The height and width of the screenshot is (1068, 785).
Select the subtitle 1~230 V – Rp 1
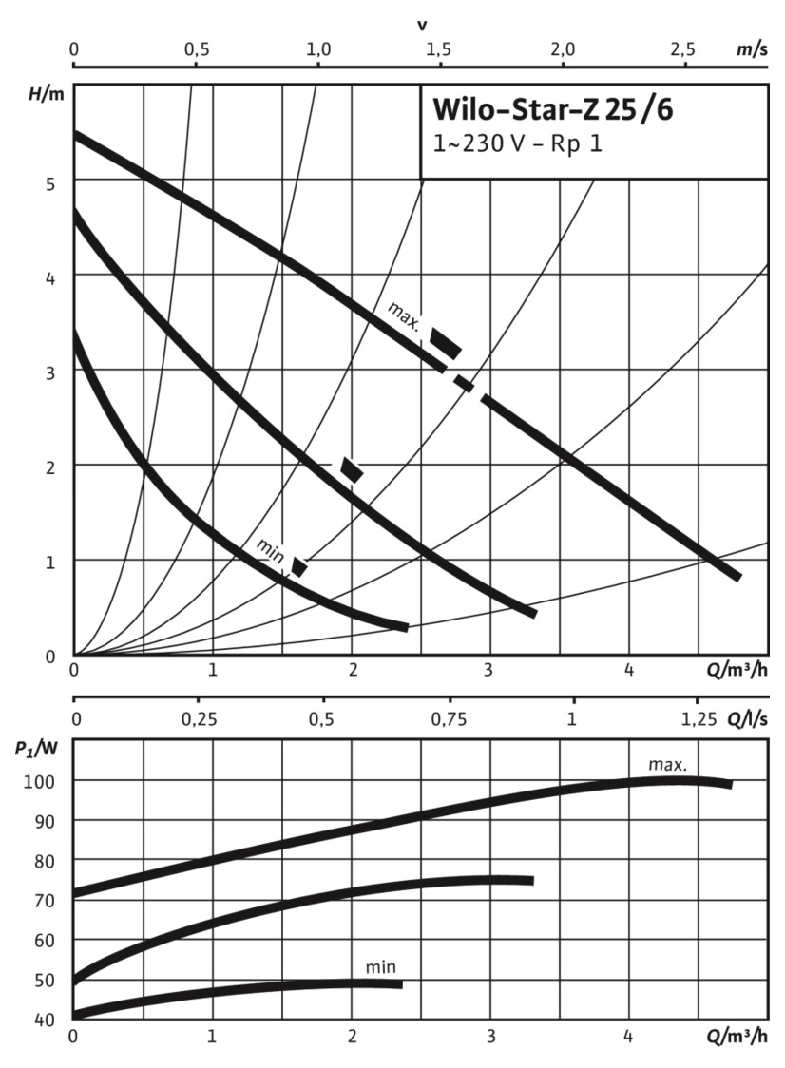[517, 145]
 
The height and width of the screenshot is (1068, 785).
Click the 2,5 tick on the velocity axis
[681, 49]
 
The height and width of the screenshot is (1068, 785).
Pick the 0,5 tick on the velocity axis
[195, 49]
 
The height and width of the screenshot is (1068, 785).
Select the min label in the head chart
[270, 549]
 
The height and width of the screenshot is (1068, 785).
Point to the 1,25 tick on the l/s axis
[699, 719]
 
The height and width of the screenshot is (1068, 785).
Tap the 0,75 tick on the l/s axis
[449, 719]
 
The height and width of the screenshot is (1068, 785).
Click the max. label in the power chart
[667, 763]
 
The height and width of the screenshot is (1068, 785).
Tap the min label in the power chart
[380, 968]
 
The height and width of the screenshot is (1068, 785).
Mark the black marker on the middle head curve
[353, 469]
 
